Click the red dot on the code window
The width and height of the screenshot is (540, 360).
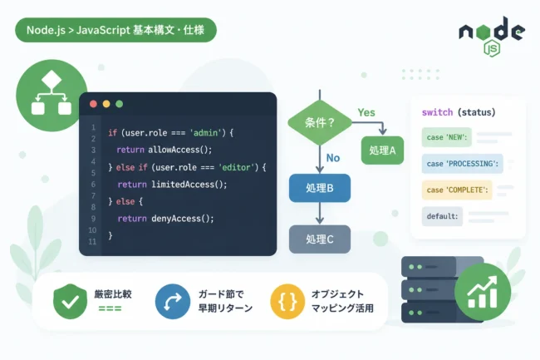[93, 104]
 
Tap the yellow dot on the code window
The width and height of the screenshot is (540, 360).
[106, 104]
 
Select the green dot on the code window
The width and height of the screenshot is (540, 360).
[120, 104]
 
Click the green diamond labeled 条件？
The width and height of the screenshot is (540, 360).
[320, 123]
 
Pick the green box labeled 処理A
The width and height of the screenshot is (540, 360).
[382, 150]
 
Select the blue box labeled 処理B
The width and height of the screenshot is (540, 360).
[320, 188]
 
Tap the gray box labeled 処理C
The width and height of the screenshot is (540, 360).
[320, 239]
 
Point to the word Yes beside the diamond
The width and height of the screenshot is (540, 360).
[366, 112]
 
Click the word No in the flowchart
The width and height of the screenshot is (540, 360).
[333, 158]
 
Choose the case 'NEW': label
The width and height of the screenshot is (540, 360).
[447, 137]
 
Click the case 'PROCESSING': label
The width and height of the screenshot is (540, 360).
[462, 164]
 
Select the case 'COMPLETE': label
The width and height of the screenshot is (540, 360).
[457, 190]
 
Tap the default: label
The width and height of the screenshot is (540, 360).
[442, 216]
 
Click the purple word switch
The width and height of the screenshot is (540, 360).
[437, 112]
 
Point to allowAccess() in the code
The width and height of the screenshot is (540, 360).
[179, 150]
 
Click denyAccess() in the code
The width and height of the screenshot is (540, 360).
[183, 219]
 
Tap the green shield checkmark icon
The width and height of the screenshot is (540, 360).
[71, 302]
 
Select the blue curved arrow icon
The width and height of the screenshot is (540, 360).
[173, 302]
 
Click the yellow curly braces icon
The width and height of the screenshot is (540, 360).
[287, 302]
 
